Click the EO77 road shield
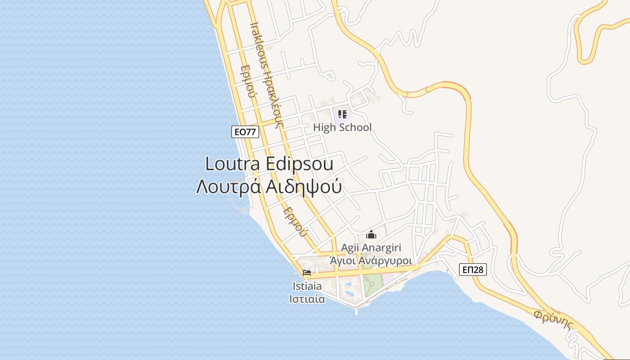click(x=245, y=132)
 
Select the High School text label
click(x=342, y=127)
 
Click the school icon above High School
click(x=342, y=114)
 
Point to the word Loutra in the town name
click(x=232, y=164)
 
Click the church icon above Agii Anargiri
click(x=371, y=234)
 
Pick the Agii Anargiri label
click(x=371, y=247)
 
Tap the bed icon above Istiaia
click(x=307, y=273)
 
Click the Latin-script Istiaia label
click(x=307, y=286)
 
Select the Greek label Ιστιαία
click(x=307, y=299)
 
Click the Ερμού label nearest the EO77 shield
click(x=248, y=81)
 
